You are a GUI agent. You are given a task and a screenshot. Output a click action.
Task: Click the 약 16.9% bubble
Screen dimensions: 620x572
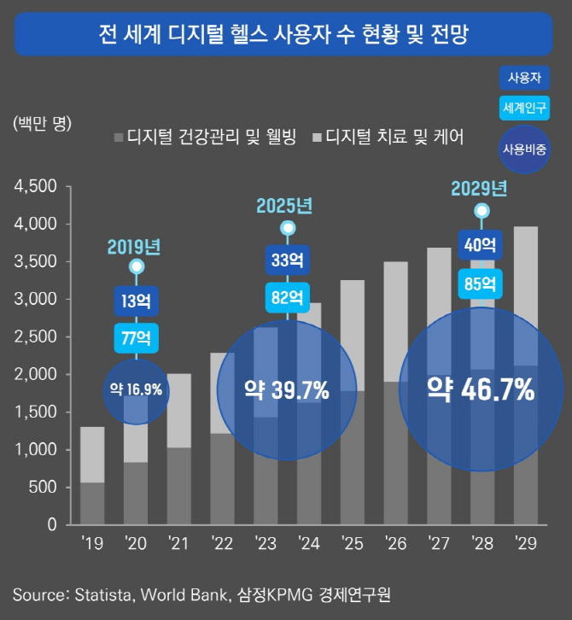point(136,390)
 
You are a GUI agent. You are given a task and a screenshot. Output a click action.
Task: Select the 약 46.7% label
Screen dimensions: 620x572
point(482,390)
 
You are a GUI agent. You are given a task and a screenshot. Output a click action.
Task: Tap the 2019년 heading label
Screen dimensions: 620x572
point(135,248)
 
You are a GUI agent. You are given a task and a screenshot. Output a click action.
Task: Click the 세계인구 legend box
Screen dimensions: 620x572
point(524,108)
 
